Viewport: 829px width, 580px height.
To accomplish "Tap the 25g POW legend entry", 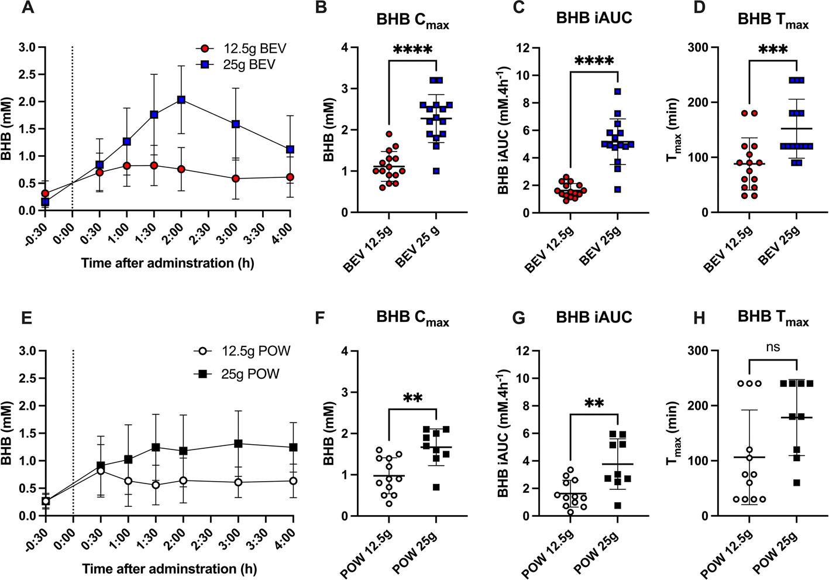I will pos(236,373).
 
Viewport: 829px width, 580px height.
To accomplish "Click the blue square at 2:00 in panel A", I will pos(181,100).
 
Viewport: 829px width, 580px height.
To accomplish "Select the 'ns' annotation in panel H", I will pos(772,348).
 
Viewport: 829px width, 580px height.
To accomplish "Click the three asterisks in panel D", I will pos(772,50).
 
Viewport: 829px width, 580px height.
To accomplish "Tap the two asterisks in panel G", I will pos(593,403).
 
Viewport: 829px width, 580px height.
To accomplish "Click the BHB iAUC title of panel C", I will pos(594,18).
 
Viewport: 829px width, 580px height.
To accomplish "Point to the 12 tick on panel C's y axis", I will pos(508,47).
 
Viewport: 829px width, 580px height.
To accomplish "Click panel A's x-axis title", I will pos(167,263).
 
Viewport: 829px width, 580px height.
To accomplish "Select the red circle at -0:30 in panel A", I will pos(45,193).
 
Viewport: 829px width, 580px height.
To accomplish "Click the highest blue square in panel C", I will pos(617,92).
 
